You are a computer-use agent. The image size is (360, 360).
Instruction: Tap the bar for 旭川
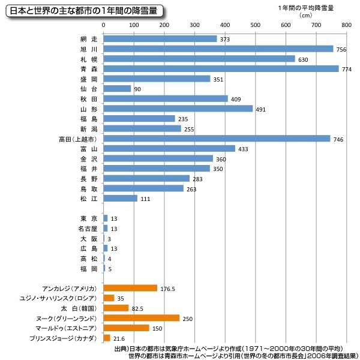tap(218, 49)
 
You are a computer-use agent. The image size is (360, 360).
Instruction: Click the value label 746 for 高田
tap(339, 139)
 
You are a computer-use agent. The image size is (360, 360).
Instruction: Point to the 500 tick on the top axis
tap(255, 25)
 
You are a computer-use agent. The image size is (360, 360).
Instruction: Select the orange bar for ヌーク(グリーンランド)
tap(142, 318)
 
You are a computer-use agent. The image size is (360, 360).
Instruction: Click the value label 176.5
tap(167, 289)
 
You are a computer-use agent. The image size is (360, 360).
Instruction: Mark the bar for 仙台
tap(117, 89)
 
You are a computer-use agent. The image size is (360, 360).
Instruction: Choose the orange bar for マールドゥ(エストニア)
tap(127, 328)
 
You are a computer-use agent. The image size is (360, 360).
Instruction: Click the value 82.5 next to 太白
tap(139, 308)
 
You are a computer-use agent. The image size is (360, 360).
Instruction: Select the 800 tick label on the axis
tap(346, 25)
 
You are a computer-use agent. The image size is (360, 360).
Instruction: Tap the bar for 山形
tap(178, 109)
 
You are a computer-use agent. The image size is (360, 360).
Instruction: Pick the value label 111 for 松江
tap(146, 199)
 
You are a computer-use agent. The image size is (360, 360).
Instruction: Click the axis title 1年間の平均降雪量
tap(306, 8)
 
